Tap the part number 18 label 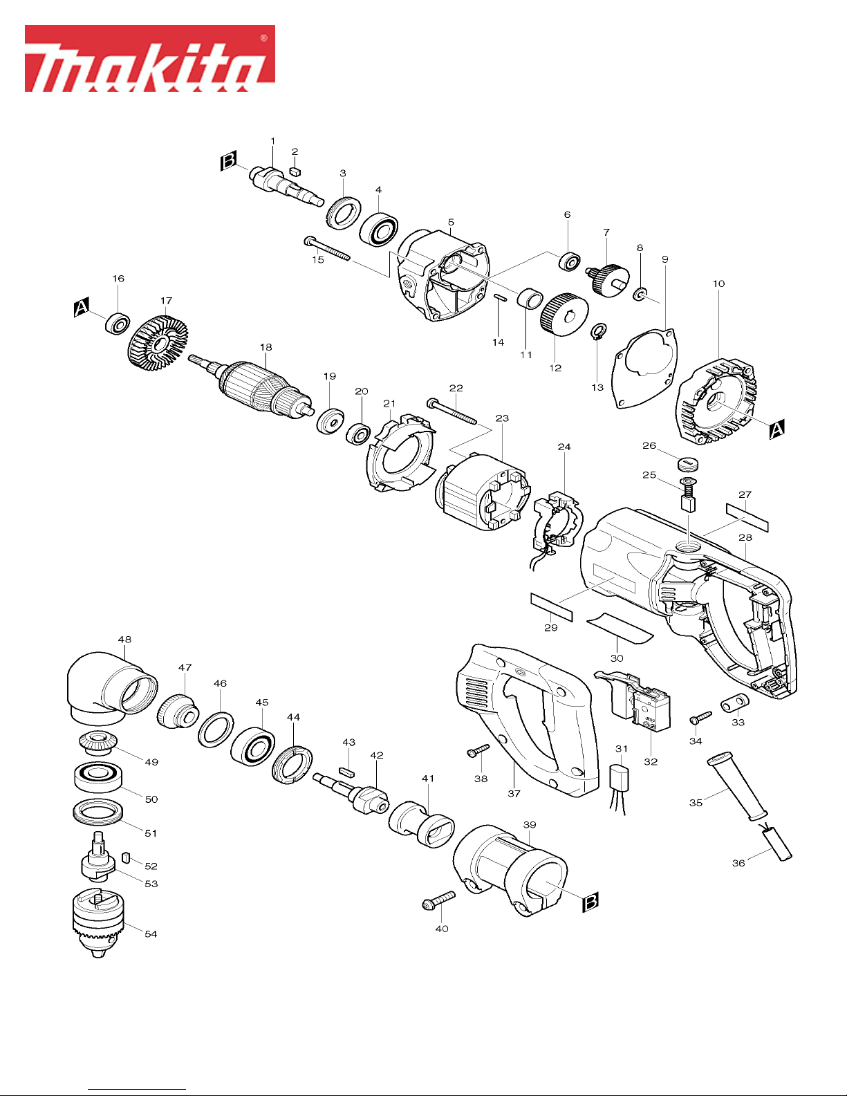pyautogui.click(x=266, y=347)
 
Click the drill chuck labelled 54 pyautogui.click(x=98, y=923)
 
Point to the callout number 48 pyautogui.click(x=124, y=640)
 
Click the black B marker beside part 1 pyautogui.click(x=228, y=160)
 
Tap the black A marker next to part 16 pyautogui.click(x=82, y=307)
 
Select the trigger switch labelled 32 pyautogui.click(x=635, y=699)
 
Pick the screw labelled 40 pyautogui.click(x=438, y=900)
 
